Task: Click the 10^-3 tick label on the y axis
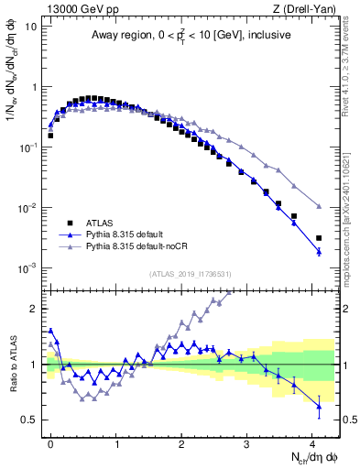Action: (27, 268)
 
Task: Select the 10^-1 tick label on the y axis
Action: (27, 147)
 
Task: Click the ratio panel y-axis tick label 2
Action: (35, 309)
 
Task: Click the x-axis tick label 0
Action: (50, 443)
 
